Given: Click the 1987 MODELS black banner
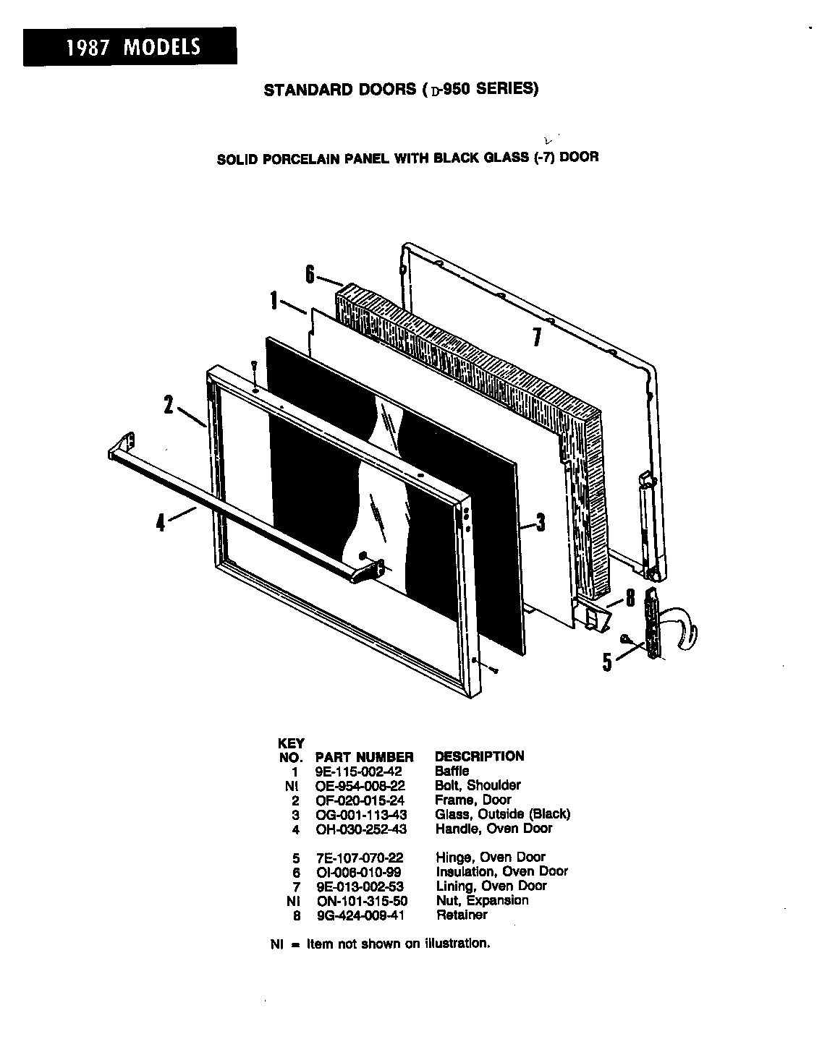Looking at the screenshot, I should (x=130, y=46).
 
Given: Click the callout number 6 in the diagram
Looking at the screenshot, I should (x=310, y=274).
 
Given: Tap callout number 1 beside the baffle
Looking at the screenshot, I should (x=274, y=301).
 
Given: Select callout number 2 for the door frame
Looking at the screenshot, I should (x=168, y=406).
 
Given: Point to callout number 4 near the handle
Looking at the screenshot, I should (x=161, y=521).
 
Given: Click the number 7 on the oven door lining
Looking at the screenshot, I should (x=536, y=337).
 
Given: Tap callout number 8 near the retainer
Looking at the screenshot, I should (x=630, y=597).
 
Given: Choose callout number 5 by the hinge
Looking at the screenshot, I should (x=608, y=661).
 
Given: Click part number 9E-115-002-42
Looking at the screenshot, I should (x=359, y=772).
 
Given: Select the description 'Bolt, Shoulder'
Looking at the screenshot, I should (x=478, y=785).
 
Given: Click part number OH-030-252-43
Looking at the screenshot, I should (x=362, y=829).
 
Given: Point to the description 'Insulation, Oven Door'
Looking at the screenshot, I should (x=501, y=872).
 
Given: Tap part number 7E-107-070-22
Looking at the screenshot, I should (x=360, y=858).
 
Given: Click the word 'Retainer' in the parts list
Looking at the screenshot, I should (x=462, y=915).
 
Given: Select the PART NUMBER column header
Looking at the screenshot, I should (x=365, y=757).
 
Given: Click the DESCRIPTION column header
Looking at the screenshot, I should (x=479, y=756).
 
